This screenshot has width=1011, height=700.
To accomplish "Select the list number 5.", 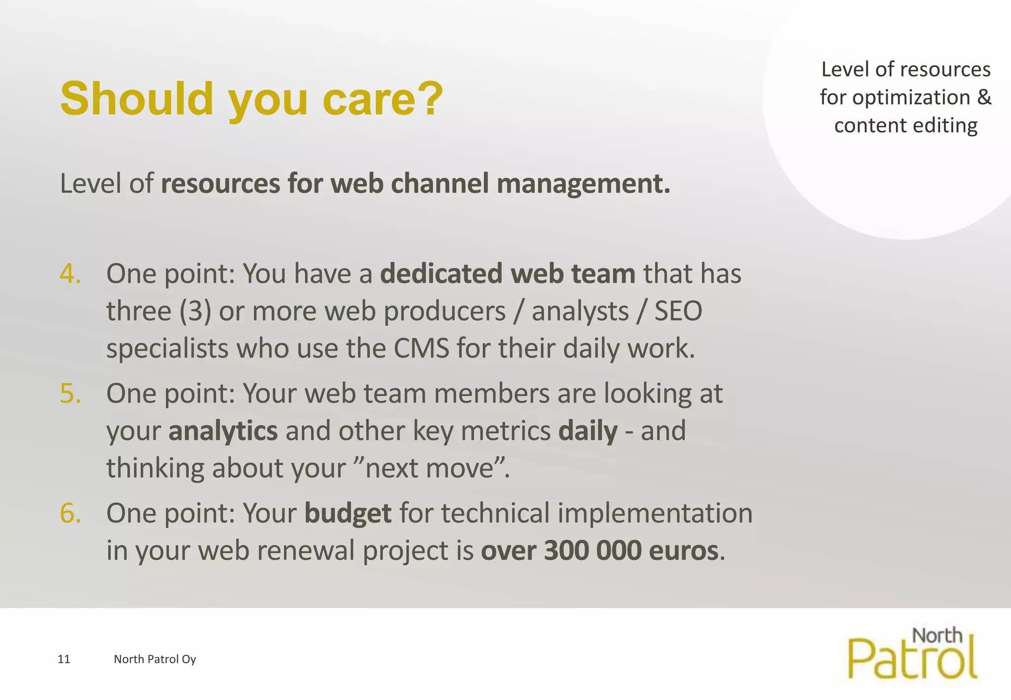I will click(70, 393).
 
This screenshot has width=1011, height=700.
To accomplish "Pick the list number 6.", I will click(70, 513).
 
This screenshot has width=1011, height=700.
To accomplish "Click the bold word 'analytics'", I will click(223, 431).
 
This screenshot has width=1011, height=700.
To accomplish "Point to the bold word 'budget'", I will click(348, 513).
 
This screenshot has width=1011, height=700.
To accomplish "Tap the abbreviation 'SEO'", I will click(678, 311).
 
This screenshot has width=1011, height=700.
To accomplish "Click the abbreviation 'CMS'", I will click(421, 348).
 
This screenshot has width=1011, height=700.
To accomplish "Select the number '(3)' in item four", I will click(195, 311).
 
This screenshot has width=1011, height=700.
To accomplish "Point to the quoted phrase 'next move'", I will click(429, 468).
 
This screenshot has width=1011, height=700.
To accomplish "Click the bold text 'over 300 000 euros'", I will click(599, 550).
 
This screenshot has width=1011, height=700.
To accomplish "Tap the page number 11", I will click(64, 659).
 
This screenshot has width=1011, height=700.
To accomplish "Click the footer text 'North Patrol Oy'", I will click(155, 659).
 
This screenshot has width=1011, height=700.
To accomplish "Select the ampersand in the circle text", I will click(984, 97).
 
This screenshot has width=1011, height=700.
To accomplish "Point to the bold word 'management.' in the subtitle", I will click(583, 184).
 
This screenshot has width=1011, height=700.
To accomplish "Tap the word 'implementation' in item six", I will click(655, 513).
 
